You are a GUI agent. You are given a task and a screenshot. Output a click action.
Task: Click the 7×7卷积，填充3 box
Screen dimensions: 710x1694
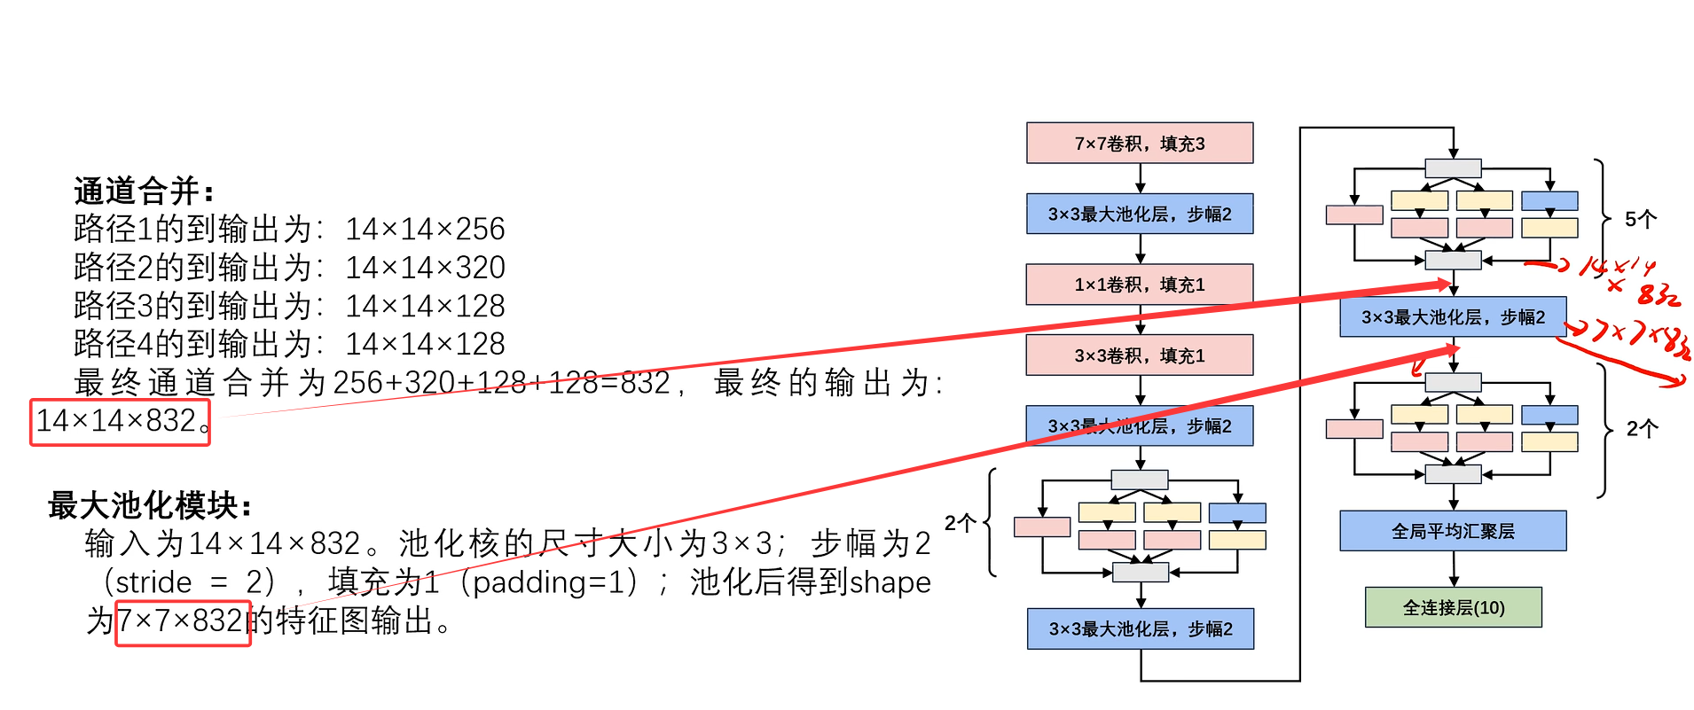1140,144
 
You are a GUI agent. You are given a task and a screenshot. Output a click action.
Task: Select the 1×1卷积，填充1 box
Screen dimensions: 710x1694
1140,285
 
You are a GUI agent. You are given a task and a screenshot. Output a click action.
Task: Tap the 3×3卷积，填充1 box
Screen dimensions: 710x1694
1140,355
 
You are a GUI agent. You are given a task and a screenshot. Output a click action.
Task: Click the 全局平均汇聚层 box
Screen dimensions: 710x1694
1453,531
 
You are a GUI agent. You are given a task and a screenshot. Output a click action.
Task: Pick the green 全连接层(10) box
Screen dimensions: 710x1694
1453,608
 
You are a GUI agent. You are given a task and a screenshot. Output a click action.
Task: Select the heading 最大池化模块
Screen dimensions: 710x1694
150,506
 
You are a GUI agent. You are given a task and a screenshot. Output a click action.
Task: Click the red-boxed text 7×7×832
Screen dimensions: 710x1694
183,621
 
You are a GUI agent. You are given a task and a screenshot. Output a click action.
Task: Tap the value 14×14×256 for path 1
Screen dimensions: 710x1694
425,230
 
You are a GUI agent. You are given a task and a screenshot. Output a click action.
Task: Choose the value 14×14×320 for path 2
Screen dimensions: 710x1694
425,268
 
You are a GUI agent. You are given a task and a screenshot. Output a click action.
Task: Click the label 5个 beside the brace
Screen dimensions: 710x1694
1640,219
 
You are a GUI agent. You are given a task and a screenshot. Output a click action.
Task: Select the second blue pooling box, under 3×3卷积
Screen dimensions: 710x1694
1140,426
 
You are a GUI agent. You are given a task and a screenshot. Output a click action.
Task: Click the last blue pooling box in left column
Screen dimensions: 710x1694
1141,628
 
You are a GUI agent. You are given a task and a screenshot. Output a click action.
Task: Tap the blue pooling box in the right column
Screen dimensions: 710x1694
1453,317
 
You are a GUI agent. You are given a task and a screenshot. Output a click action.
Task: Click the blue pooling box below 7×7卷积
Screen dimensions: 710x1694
1140,214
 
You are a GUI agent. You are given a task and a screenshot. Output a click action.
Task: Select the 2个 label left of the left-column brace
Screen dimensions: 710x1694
961,523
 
